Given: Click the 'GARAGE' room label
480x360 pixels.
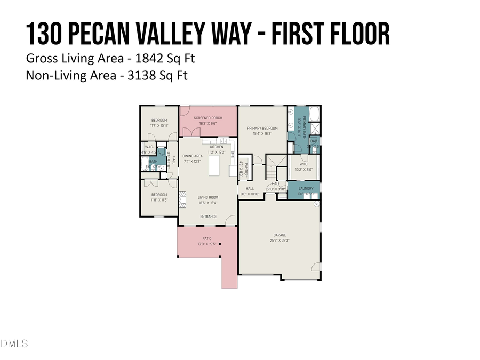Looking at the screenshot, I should [280, 235].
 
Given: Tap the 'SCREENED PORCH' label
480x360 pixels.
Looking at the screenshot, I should [208, 118].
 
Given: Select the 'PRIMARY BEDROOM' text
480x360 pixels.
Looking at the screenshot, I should [262, 129].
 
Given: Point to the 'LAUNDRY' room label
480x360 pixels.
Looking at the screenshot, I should [306, 189].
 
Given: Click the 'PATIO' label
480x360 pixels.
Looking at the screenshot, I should [206, 238].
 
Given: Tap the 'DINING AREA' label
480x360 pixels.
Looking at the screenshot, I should [193, 156].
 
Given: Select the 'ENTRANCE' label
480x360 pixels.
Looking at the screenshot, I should [208, 217].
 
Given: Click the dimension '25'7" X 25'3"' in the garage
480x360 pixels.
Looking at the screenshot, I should [280, 241].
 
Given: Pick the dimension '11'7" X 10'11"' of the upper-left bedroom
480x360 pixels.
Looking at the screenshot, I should [159, 126].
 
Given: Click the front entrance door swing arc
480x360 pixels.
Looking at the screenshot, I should [230, 220].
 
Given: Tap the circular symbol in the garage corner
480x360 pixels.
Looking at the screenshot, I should [316, 204].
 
